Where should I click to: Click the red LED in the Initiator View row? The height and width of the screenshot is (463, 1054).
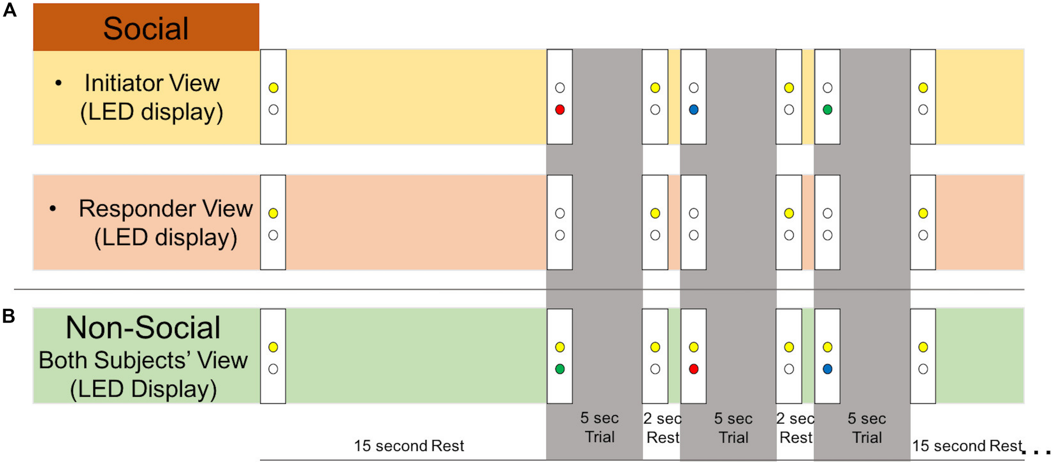[559, 110]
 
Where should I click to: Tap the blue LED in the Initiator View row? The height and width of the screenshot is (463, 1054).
[694, 110]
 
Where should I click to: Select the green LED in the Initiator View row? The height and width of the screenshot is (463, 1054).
[827, 110]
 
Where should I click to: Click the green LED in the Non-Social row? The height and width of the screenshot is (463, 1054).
[559, 369]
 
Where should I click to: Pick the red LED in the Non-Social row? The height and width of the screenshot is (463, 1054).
[694, 369]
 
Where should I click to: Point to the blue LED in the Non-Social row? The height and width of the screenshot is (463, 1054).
[827, 369]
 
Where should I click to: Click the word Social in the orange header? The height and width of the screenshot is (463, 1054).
[146, 29]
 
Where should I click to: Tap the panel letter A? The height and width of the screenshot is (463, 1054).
[10, 10]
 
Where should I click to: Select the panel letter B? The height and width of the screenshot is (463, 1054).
[9, 316]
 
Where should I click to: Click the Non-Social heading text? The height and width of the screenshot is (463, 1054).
[143, 328]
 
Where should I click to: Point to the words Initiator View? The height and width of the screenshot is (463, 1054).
[152, 83]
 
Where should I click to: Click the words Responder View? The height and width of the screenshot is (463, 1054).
[166, 208]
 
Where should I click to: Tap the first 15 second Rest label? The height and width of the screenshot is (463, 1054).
[409, 445]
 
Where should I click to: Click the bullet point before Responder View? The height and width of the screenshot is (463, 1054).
[53, 208]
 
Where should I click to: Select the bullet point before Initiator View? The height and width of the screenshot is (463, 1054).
[59, 83]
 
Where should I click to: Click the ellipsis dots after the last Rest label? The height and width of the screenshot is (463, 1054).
[1036, 452]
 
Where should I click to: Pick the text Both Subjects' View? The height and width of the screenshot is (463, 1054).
[143, 360]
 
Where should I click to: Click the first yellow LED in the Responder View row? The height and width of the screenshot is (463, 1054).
[273, 213]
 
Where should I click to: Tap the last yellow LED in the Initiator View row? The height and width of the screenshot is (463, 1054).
[923, 88]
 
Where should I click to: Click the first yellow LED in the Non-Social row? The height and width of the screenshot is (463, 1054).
[273, 347]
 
